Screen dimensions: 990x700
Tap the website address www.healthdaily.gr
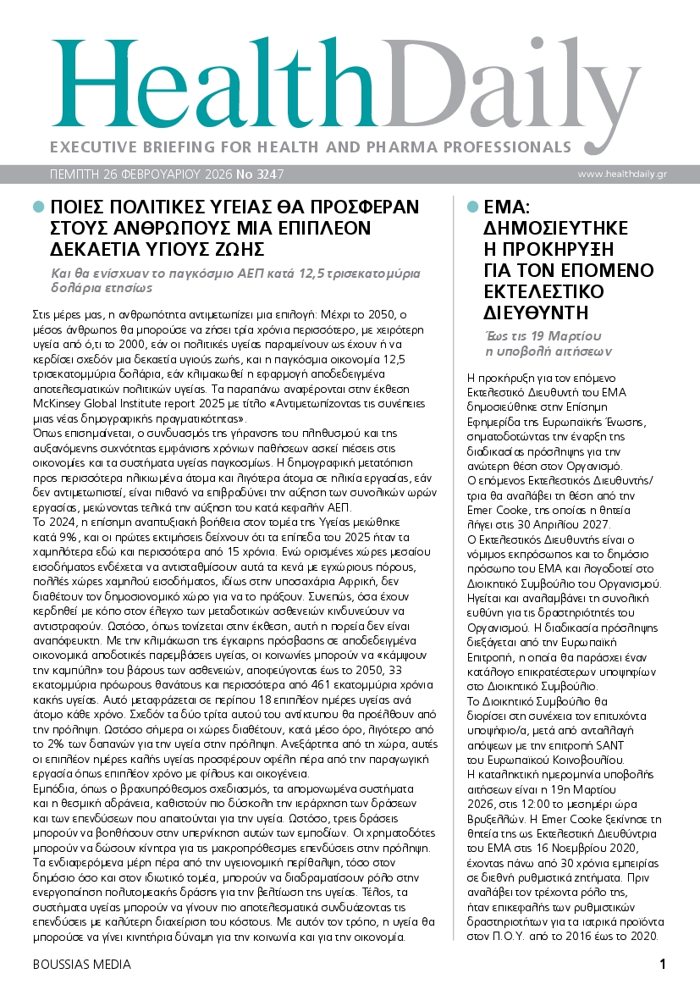coord(622,174)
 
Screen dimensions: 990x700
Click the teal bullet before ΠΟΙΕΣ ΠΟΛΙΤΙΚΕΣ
coord(37,207)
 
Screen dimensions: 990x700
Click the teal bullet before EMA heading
coord(472,207)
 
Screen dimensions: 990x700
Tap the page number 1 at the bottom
coord(663,964)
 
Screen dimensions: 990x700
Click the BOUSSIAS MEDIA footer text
coord(82,965)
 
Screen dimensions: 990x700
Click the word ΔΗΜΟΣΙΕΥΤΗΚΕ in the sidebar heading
coord(554,229)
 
